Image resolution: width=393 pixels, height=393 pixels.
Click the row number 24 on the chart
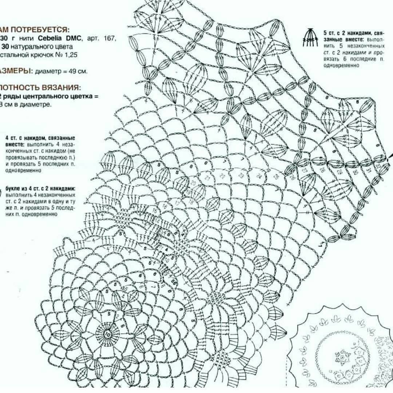259,176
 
